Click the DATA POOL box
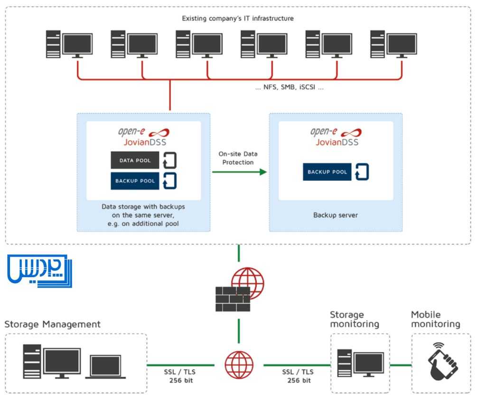(x=135, y=160)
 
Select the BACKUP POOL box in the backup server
(x=327, y=172)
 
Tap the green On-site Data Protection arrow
(x=239, y=172)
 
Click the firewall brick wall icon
(x=233, y=299)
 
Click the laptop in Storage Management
(x=105, y=367)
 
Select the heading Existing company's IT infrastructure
(x=238, y=19)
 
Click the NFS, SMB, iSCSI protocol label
(x=289, y=88)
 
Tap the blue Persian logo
(x=40, y=271)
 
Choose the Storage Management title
(x=52, y=325)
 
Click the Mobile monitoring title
(x=435, y=319)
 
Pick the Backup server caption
(x=335, y=215)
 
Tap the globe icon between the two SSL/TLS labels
(x=239, y=365)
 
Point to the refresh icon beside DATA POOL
(x=169, y=160)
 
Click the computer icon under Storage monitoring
(x=360, y=364)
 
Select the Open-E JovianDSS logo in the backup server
(x=335, y=137)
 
